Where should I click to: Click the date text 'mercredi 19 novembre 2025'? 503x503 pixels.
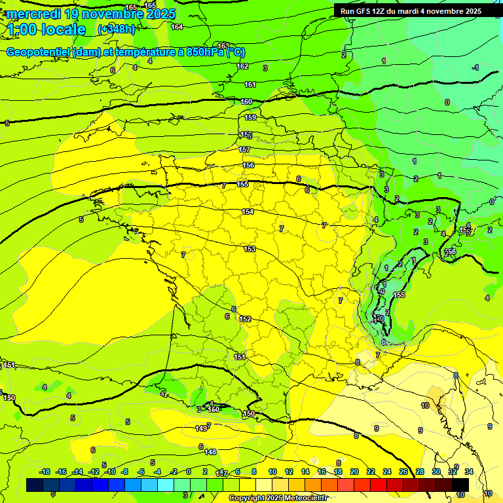(91, 14)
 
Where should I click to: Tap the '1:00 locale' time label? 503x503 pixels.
(47, 29)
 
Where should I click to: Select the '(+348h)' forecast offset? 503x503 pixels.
(117, 29)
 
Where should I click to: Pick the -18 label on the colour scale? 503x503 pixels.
(45, 472)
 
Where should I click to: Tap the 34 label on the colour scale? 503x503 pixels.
(469, 472)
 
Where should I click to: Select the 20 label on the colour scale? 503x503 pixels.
(354, 472)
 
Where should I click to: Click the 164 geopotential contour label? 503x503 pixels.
(177, 27)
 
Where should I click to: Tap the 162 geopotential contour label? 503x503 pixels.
(242, 66)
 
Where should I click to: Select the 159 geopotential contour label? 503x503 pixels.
(250, 117)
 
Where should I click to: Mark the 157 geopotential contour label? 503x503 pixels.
(244, 149)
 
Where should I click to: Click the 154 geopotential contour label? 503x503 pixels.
(248, 212)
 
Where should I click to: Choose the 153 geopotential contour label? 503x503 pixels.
(250, 249)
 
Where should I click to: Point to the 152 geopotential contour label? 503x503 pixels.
(245, 319)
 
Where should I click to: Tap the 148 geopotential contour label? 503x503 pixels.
(210, 452)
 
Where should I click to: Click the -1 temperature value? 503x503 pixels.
(475, 67)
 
